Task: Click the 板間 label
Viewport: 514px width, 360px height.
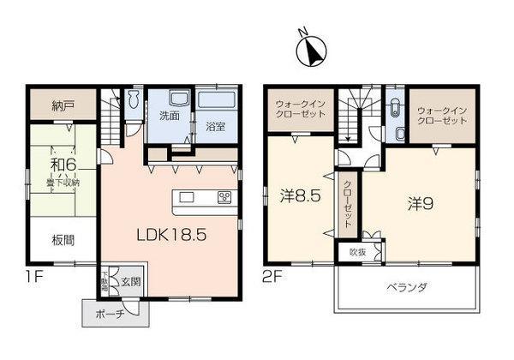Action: tap(61, 240)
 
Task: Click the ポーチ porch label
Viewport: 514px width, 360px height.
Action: tap(111, 314)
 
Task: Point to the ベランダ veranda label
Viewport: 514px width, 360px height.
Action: tap(405, 285)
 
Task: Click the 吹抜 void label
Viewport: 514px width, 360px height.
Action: tap(357, 251)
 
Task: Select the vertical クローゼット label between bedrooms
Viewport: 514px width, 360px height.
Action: tap(348, 204)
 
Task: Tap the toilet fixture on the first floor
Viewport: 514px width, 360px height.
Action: tap(132, 101)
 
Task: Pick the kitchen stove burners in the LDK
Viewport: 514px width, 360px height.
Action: tap(224, 198)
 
